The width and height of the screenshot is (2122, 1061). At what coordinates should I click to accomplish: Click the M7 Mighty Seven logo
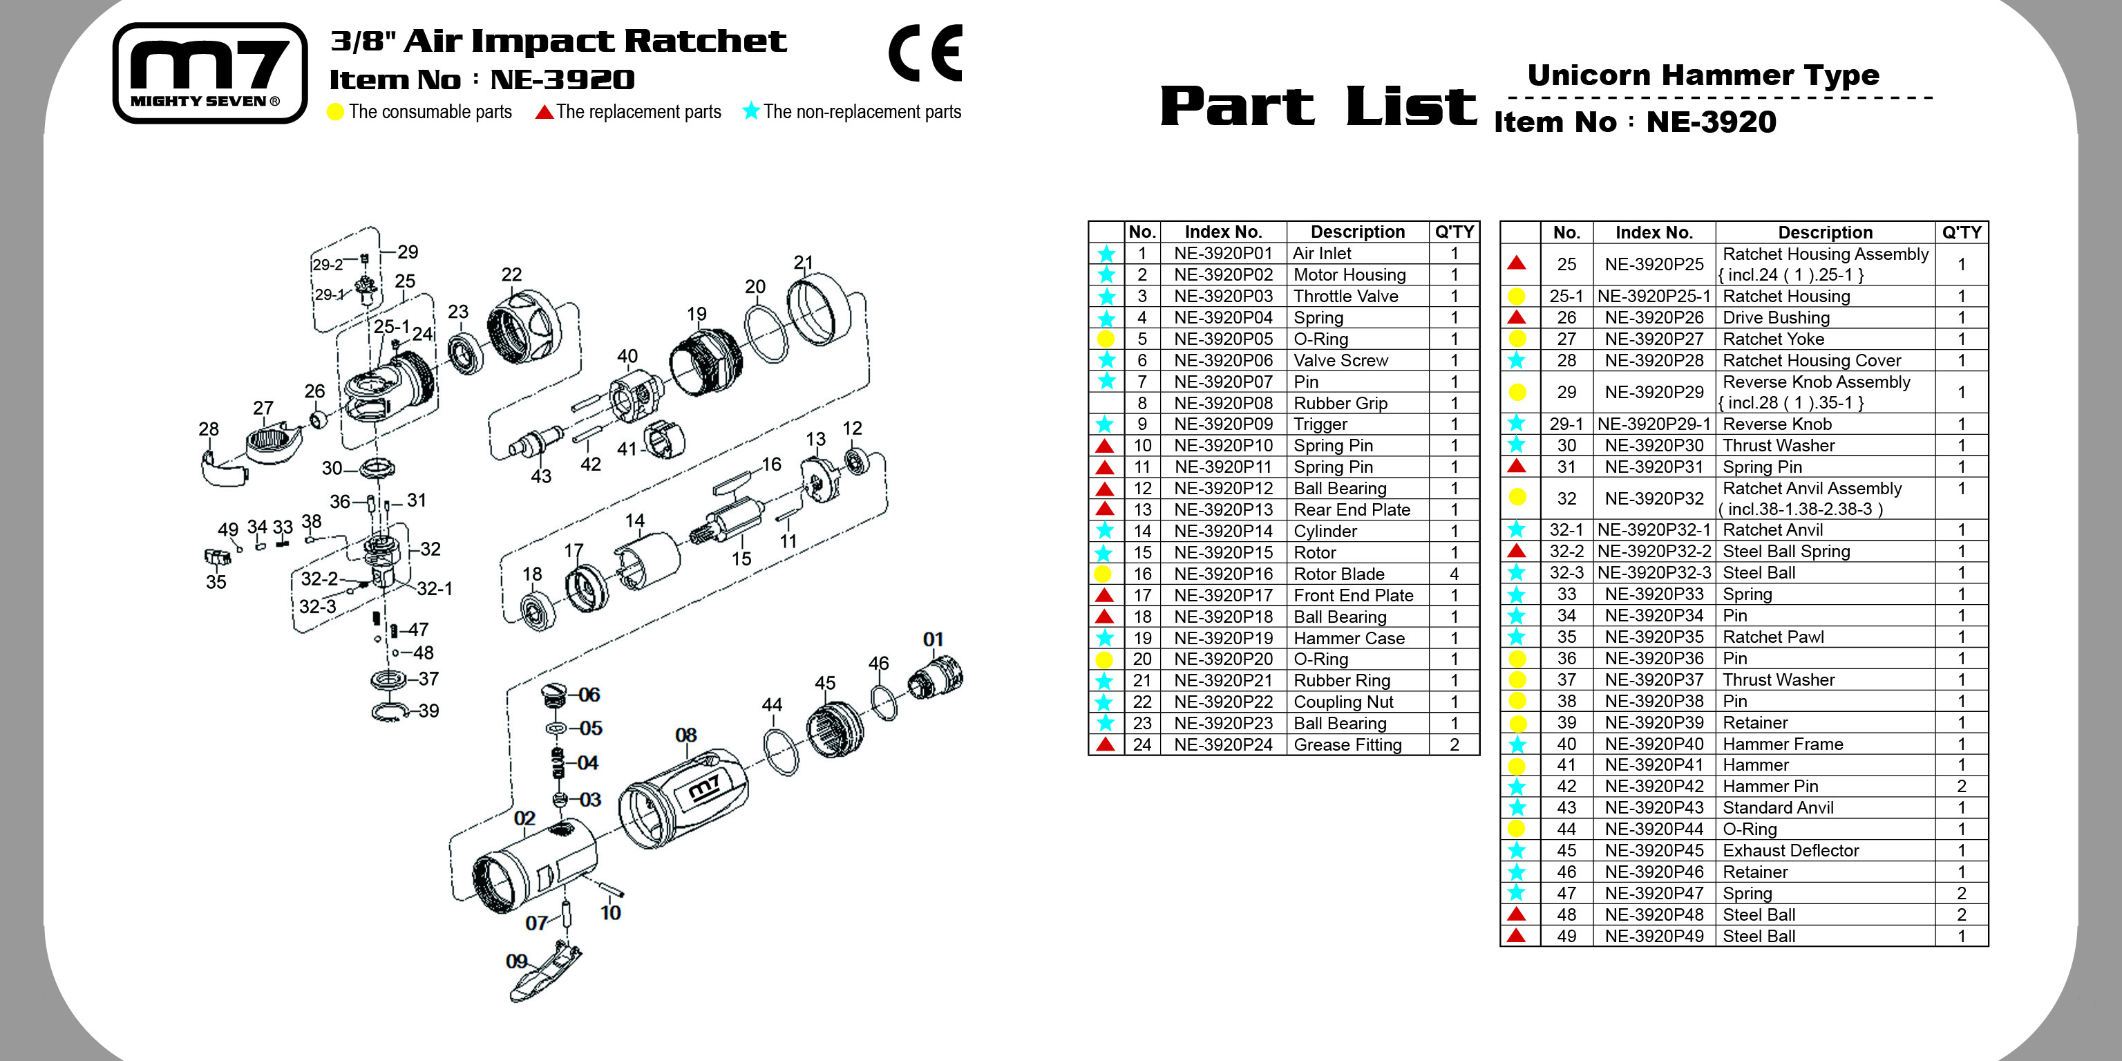pos(210,73)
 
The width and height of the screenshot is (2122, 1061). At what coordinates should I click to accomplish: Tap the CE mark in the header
pos(925,53)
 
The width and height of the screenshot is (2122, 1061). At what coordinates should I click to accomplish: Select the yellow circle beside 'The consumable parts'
pos(335,112)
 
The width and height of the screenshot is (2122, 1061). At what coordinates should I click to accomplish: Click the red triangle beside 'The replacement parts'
pos(544,112)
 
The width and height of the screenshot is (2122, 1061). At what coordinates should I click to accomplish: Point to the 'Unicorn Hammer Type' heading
pos(1703,75)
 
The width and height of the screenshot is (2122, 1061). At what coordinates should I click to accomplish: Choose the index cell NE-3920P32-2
pos(1654,552)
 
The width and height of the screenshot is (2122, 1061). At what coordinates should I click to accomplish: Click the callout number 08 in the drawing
pos(685,735)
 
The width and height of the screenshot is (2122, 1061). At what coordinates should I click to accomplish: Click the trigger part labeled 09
pos(548,976)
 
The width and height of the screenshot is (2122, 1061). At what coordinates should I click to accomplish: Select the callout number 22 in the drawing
pos(511,274)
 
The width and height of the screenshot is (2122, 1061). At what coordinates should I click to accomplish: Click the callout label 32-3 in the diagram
pos(317,607)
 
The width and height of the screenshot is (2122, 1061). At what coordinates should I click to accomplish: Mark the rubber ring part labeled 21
pos(818,308)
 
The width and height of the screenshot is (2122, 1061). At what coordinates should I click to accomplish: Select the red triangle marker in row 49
pos(1516,936)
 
